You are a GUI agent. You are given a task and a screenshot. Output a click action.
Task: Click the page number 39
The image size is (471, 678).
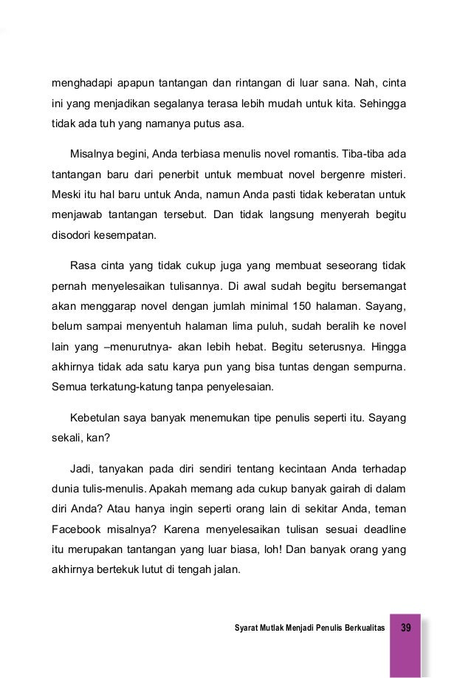coord(406,627)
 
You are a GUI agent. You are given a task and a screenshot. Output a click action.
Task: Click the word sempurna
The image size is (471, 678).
coord(385,365)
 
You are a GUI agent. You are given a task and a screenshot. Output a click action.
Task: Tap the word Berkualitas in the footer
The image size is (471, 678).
coord(361,628)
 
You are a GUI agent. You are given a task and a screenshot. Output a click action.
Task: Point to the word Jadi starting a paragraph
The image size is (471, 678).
coord(82,469)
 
